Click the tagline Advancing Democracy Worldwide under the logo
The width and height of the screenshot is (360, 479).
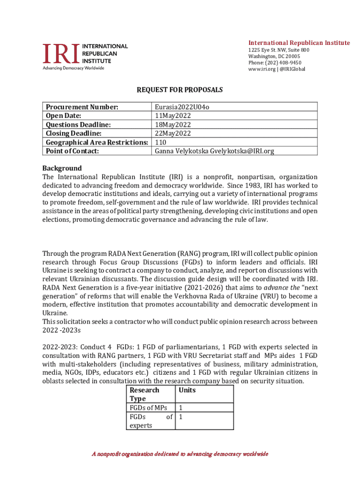(x=74, y=68)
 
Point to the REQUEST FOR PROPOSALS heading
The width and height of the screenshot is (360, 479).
(x=180, y=89)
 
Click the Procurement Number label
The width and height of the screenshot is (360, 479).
(x=81, y=107)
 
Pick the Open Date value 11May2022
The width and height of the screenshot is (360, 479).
(x=172, y=116)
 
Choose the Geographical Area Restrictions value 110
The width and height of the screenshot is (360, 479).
(x=160, y=142)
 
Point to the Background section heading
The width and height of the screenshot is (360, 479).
(x=62, y=168)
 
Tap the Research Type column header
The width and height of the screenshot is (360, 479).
(x=144, y=394)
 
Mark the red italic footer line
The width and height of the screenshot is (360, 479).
(x=180, y=454)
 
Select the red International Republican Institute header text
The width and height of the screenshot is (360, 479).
(x=299, y=43)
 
